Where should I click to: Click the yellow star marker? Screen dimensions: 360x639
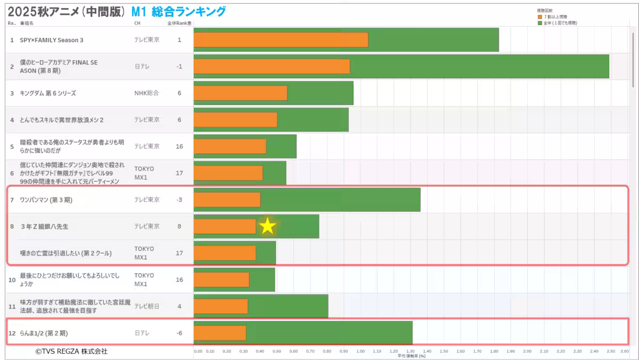click(267, 226)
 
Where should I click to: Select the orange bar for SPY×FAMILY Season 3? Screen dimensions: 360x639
click(281, 40)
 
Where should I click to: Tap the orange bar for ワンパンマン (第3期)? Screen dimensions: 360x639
click(227, 200)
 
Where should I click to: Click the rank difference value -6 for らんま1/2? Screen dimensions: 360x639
click(179, 333)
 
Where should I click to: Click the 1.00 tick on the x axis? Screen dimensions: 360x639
click(361, 351)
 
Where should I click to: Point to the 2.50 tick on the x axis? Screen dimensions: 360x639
click(611, 351)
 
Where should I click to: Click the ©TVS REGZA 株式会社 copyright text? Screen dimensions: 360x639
click(71, 351)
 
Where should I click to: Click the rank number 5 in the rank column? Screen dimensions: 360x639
click(12, 146)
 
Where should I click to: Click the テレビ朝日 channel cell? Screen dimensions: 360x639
click(146, 306)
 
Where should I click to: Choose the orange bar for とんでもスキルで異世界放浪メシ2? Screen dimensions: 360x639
click(235, 120)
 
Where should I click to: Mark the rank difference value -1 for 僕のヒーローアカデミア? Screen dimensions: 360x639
click(179, 67)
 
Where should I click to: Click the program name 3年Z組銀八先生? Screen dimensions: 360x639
click(44, 226)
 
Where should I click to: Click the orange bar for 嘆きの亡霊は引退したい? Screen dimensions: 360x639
click(225, 253)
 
